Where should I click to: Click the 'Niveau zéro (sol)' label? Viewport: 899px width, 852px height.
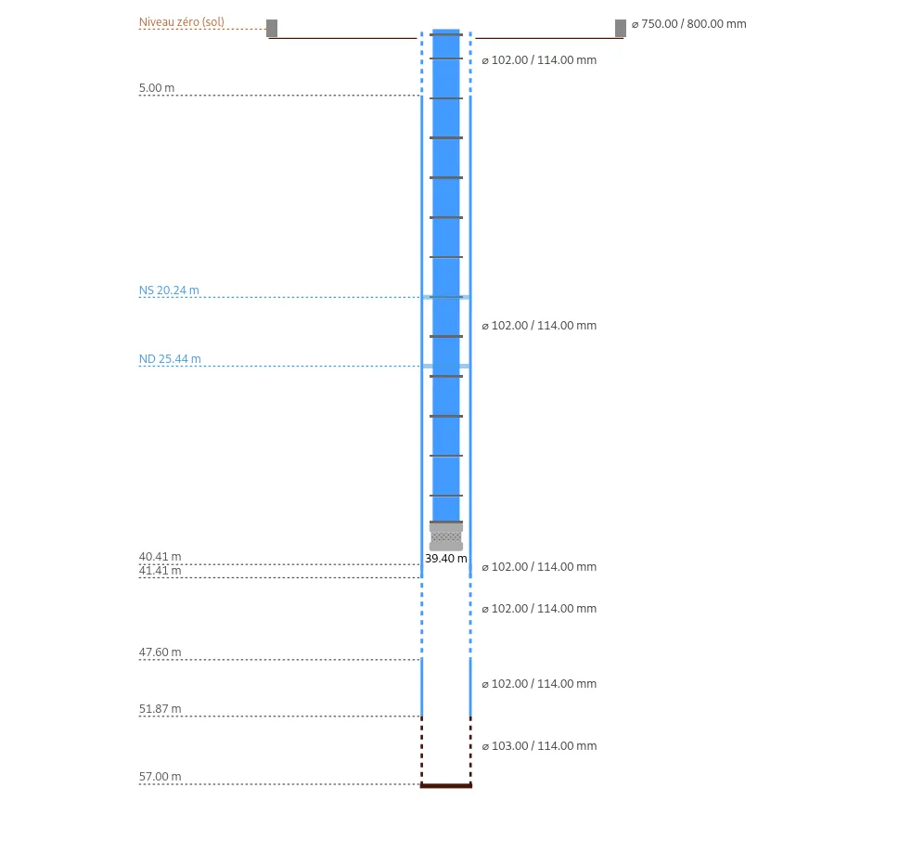coord(181,21)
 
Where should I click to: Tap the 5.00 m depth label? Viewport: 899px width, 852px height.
coord(157,88)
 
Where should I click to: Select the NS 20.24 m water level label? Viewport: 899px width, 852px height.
coord(169,290)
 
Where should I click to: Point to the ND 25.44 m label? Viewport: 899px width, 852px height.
coord(170,359)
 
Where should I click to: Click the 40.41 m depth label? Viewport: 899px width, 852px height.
coord(160,557)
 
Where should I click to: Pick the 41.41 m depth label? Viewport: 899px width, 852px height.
coord(160,570)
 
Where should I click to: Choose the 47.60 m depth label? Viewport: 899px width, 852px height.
coord(160,652)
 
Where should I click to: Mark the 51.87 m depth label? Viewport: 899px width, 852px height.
coord(160,708)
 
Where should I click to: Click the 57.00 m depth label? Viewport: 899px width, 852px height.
coord(160,777)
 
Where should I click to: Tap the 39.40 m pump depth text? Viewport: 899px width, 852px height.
coord(446,559)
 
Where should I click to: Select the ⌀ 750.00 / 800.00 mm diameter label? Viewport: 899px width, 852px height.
coord(689,24)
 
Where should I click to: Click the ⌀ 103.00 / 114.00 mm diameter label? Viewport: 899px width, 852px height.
coord(540,746)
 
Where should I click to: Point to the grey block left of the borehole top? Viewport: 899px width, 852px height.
coord(272,28)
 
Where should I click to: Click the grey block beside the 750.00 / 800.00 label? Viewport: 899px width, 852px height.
coord(621,28)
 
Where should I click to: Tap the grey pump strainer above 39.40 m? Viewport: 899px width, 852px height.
coord(446,537)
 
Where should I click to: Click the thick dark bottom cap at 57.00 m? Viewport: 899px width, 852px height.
coord(446,785)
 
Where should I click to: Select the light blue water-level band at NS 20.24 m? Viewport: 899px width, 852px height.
coord(446,297)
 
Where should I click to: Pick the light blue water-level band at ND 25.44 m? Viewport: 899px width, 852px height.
coord(446,366)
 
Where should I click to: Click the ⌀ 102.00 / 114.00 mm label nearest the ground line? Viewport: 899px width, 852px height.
coord(540,60)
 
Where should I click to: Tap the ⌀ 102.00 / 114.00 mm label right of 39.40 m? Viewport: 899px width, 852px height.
coord(540,567)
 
